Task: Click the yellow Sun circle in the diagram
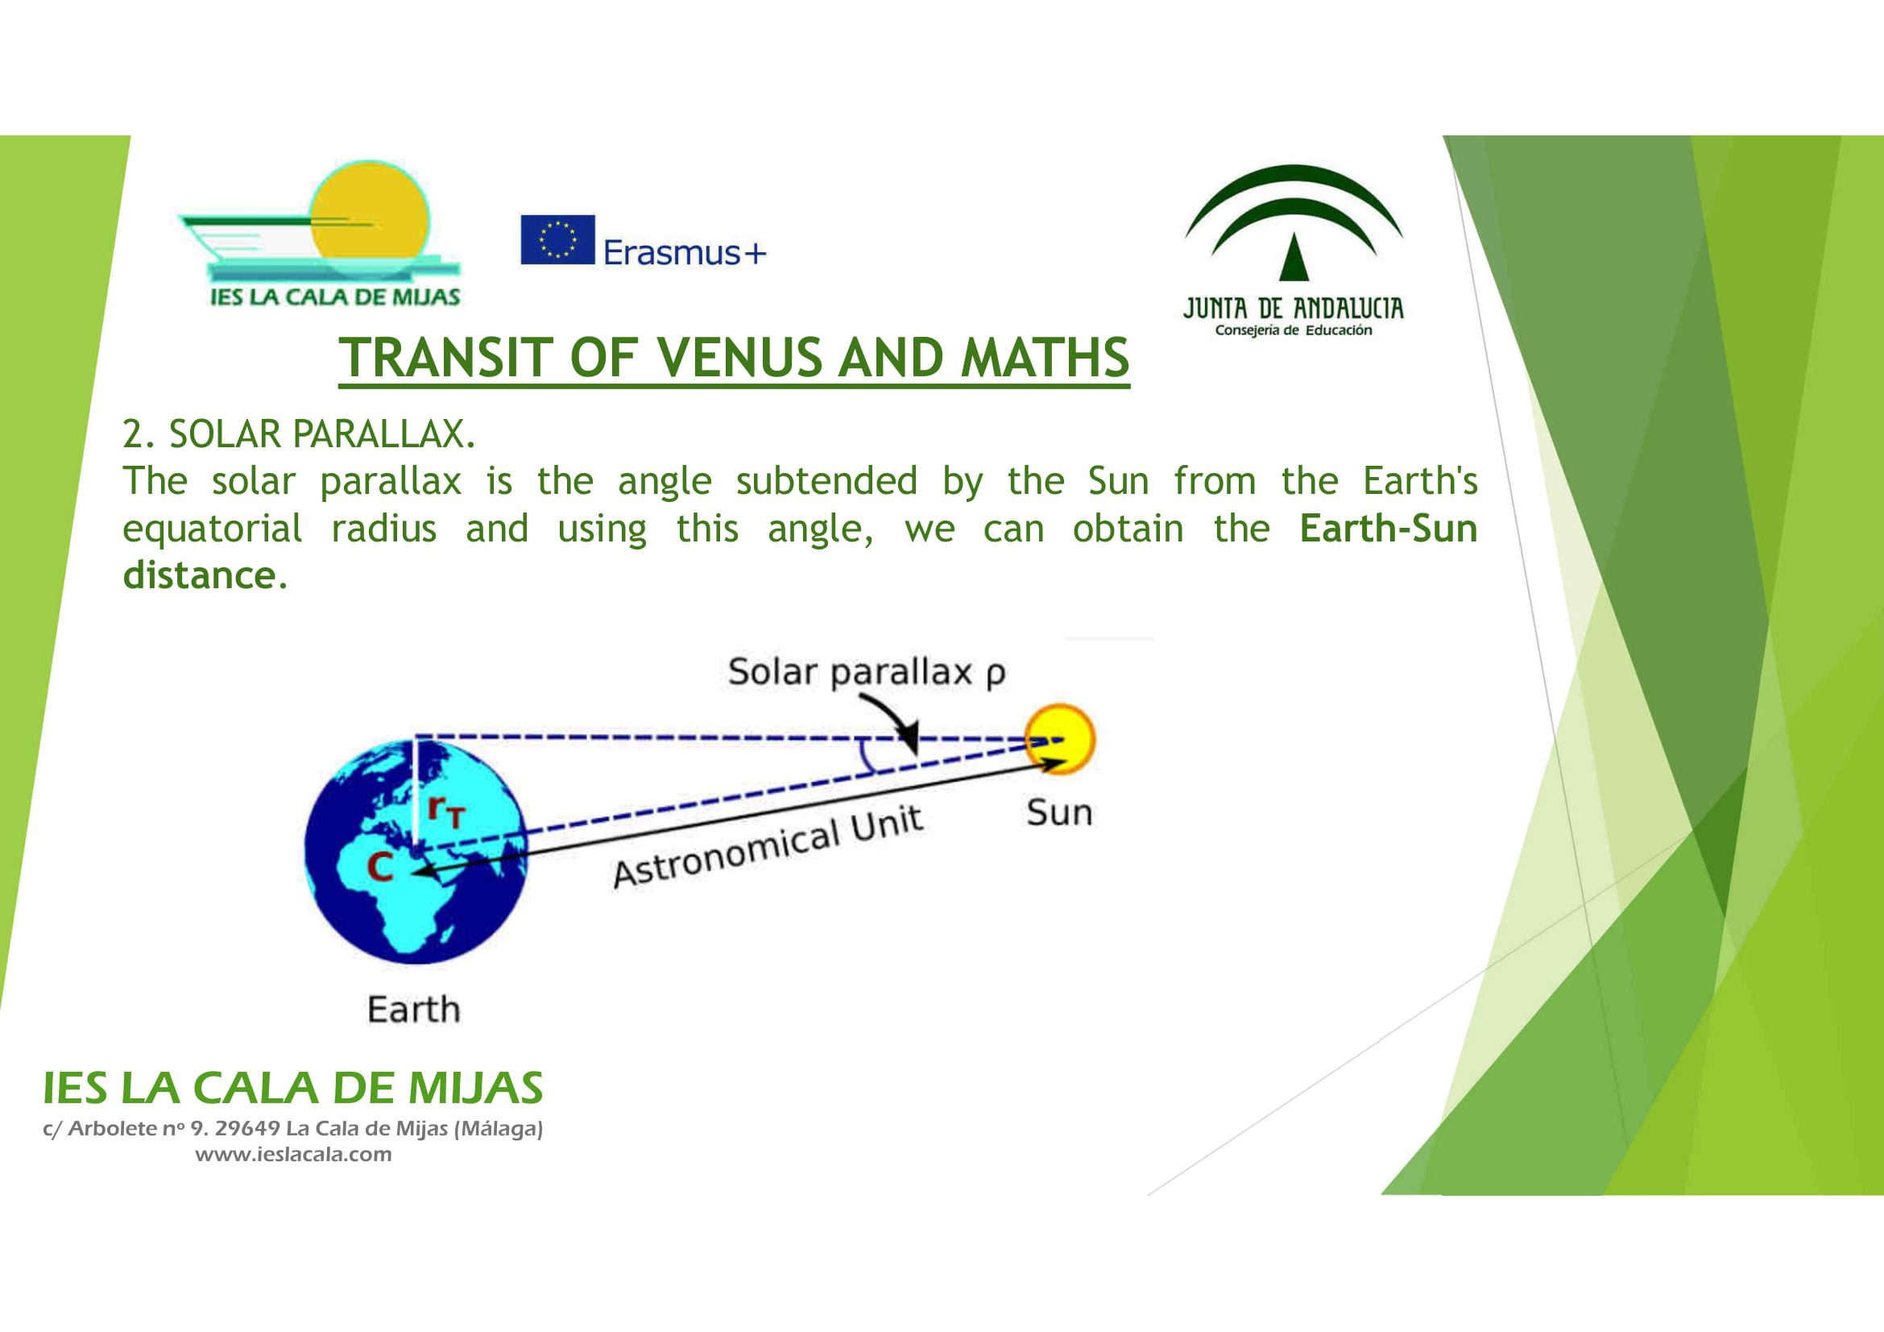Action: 1060,739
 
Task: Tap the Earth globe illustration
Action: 415,852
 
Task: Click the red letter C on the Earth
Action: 379,868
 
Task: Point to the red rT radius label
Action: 446,811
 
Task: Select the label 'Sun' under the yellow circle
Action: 1059,812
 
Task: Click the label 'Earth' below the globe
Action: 413,1009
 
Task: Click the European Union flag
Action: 557,239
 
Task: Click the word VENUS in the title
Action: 739,358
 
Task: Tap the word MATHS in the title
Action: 1045,358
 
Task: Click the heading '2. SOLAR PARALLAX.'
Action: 299,434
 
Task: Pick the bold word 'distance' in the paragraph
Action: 199,575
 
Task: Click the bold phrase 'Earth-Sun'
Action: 1389,529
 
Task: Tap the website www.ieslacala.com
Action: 293,1154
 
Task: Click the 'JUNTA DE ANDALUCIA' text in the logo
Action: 1294,309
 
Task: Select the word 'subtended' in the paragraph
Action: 826,481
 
